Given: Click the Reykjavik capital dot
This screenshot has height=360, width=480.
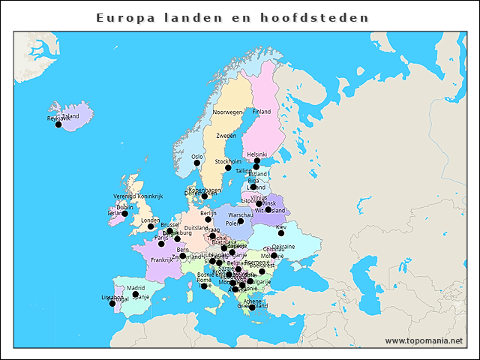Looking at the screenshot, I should [x=58, y=124].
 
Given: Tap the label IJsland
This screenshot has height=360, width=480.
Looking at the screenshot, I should [x=70, y=116].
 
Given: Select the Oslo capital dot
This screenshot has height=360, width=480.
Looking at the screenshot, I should [x=197, y=163].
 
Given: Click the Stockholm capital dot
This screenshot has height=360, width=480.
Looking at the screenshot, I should [x=228, y=168].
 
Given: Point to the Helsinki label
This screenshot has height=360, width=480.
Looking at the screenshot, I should [x=256, y=154].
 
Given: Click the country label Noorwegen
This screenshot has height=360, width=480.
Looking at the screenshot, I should [x=228, y=112].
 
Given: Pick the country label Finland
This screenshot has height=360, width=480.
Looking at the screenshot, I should [x=261, y=112].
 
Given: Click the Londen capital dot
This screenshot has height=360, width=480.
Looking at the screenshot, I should [x=151, y=226].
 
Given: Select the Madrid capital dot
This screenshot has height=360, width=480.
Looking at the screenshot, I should [x=136, y=295].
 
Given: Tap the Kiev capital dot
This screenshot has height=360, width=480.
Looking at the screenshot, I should [x=281, y=233].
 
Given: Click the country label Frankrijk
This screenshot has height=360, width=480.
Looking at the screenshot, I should [x=161, y=260].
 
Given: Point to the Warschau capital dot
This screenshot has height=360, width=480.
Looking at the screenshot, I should [x=241, y=221].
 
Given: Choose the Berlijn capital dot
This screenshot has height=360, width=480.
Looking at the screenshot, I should [x=208, y=220].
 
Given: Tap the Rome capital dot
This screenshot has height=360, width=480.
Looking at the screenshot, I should [x=204, y=286].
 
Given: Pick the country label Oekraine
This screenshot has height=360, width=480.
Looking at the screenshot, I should [x=283, y=246].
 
